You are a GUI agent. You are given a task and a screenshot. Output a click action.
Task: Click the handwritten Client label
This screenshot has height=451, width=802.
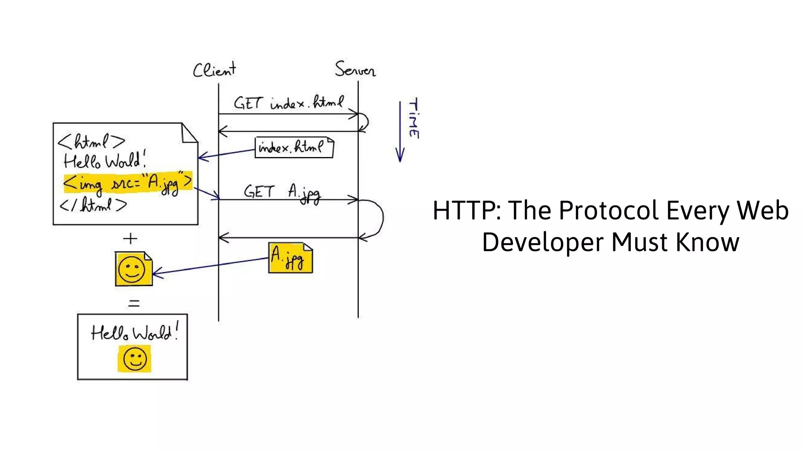[214, 70]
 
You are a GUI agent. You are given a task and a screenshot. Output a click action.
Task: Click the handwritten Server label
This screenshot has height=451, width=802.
[355, 70]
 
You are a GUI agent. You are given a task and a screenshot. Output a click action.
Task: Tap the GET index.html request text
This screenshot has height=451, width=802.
[289, 103]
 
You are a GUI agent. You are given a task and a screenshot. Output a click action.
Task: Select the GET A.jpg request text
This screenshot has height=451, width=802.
[282, 193]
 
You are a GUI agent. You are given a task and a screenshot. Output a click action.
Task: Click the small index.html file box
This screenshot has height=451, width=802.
[294, 148]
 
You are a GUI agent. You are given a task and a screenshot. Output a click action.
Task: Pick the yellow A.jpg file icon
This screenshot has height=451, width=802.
[290, 258]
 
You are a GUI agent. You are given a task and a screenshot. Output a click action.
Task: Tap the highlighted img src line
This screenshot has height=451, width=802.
[128, 182]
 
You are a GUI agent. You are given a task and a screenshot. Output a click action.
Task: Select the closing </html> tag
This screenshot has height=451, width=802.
[93, 205]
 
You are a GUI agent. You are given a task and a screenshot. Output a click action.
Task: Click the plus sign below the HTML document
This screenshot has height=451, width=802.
[130, 238]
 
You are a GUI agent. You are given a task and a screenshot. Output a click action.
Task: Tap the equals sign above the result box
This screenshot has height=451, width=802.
[134, 303]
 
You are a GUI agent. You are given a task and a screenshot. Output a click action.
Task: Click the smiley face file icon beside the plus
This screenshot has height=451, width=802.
[133, 269]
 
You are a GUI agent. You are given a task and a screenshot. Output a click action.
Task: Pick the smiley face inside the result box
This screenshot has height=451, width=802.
[134, 359]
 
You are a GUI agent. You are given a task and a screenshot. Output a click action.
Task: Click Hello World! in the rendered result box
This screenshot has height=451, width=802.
[134, 333]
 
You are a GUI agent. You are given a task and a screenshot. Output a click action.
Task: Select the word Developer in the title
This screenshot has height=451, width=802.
[542, 242]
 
